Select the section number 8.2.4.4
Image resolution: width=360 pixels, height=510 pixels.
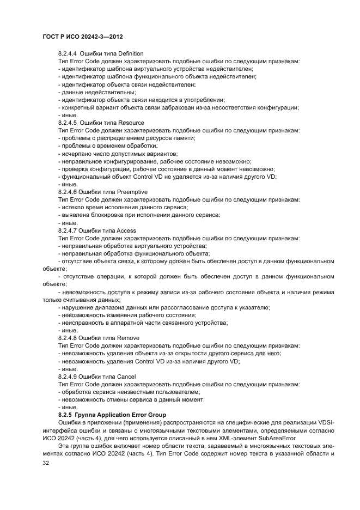68,53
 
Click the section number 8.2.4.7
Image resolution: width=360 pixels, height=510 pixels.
68,230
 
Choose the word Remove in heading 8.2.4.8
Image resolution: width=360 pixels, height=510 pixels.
129,338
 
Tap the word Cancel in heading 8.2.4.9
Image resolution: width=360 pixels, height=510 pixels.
127,377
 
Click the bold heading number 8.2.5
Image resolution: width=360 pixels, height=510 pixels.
66,415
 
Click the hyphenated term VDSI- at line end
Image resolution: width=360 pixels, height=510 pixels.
325,423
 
